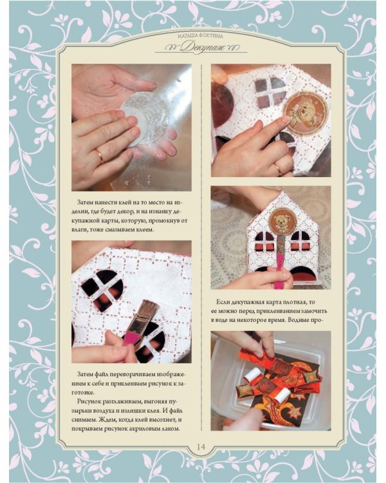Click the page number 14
tap(201, 446)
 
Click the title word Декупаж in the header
tap(201, 47)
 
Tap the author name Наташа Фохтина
tap(200, 36)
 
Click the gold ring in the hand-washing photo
tap(100, 156)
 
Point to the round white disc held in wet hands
tap(145, 119)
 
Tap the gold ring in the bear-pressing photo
tap(277, 168)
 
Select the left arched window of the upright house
tap(265, 241)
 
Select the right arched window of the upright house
tap(300, 241)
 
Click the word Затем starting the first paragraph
tap(86, 203)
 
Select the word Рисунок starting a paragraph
tap(90, 402)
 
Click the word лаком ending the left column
tap(170, 429)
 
